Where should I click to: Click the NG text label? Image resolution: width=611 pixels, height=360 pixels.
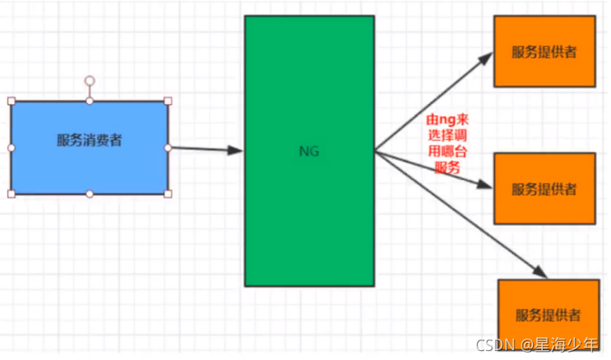click(x=310, y=150)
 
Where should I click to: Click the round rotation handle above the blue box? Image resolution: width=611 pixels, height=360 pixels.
click(x=90, y=81)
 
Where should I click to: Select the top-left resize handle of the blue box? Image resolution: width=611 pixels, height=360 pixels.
click(x=11, y=102)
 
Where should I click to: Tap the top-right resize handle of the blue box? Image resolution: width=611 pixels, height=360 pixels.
click(x=168, y=102)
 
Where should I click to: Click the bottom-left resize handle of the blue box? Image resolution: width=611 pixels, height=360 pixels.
click(x=11, y=193)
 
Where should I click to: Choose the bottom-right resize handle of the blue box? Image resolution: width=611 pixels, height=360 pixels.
click(x=168, y=193)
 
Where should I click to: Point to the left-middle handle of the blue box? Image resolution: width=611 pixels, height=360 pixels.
click(x=11, y=148)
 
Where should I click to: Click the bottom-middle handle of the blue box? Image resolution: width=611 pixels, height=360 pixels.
click(x=90, y=193)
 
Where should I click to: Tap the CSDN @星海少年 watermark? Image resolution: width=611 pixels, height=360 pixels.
click(x=537, y=344)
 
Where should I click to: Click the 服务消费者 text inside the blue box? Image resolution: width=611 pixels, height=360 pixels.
click(x=89, y=141)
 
